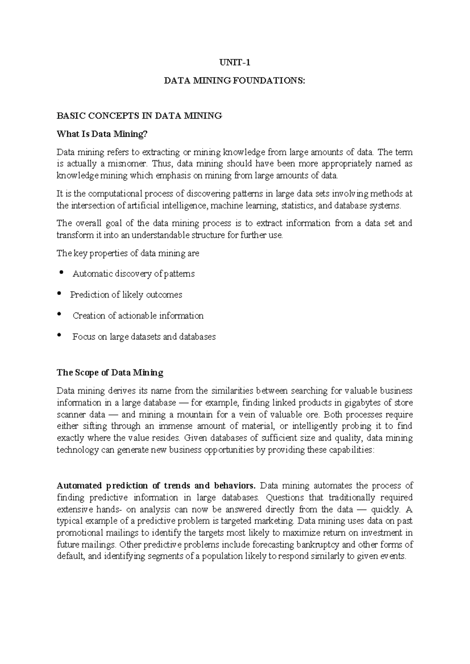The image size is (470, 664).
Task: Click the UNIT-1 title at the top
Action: click(x=234, y=63)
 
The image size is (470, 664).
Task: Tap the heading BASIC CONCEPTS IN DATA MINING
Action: click(x=139, y=116)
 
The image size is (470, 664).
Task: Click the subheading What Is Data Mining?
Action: click(x=103, y=134)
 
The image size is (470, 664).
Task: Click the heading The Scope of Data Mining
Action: click(x=110, y=373)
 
